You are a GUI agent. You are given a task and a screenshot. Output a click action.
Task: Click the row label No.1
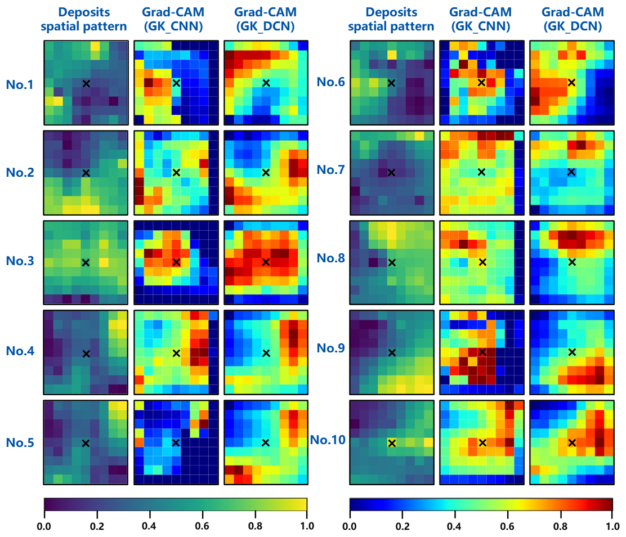[21, 84]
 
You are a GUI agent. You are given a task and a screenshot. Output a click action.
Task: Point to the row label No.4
[21, 352]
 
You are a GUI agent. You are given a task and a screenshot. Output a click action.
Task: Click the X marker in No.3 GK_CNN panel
[176, 262]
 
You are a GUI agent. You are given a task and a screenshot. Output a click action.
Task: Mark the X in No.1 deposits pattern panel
[86, 83]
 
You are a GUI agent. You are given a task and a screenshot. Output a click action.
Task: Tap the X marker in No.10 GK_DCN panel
[572, 442]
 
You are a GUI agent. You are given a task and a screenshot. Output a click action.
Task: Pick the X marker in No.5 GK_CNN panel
[176, 442]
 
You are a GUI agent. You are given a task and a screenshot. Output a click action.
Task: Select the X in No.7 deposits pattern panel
[392, 172]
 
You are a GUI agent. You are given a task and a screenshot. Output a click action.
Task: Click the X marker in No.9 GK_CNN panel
[482, 352]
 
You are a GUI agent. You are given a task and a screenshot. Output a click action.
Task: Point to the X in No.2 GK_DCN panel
[266, 172]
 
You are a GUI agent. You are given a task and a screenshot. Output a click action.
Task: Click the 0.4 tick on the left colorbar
[149, 526]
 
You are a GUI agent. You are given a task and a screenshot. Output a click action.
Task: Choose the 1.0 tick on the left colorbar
[306, 526]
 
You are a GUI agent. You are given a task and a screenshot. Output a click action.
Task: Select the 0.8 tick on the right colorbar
[560, 526]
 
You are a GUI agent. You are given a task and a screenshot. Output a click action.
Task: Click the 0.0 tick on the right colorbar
[350, 526]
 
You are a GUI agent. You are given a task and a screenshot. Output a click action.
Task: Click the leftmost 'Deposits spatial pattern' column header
[85, 19]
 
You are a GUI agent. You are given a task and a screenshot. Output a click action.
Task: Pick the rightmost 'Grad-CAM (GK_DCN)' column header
[571, 19]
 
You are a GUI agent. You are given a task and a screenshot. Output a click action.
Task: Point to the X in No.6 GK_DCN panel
[572, 83]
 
